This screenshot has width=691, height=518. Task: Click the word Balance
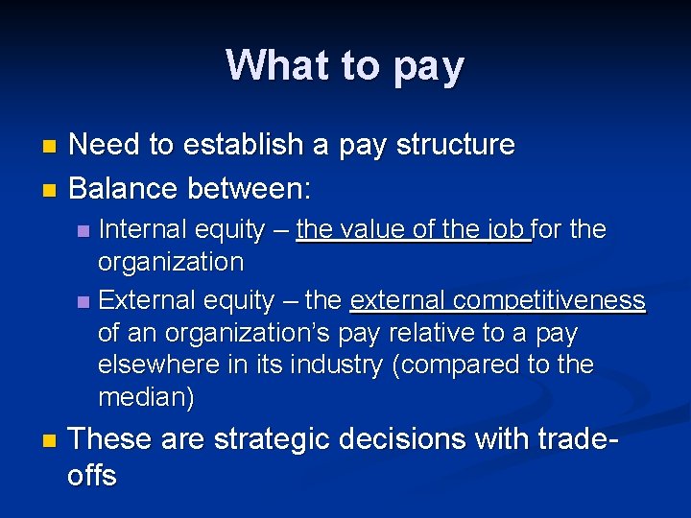point(125,187)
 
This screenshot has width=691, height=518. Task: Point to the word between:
point(250,187)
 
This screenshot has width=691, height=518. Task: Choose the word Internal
point(143,230)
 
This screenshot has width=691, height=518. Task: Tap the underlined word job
point(508,230)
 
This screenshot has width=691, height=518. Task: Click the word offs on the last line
point(93,476)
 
